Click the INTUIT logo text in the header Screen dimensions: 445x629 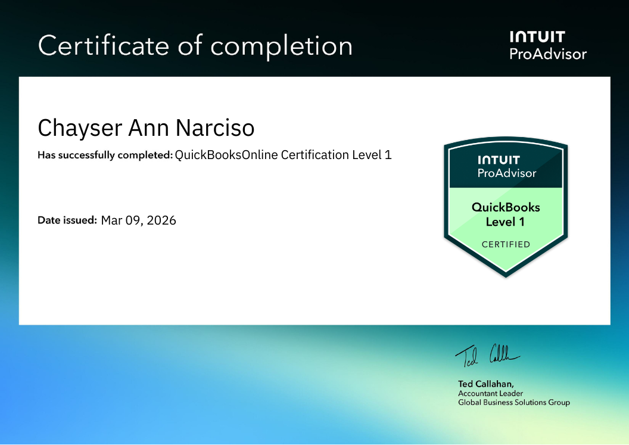click(537, 37)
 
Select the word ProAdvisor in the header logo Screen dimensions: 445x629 click(548, 54)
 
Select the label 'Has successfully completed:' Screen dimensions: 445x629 click(105, 155)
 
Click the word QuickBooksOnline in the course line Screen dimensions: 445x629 click(226, 155)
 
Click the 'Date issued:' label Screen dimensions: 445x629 click(67, 220)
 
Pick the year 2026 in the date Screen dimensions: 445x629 click(161, 220)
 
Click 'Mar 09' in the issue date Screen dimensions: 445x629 click(121, 220)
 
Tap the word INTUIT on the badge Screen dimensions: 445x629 click(499, 160)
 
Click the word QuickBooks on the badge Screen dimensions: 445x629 click(506, 207)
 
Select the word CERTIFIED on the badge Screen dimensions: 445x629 click(506, 244)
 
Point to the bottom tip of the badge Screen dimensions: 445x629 click(506, 275)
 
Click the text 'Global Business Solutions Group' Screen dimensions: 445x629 click(513, 403)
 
